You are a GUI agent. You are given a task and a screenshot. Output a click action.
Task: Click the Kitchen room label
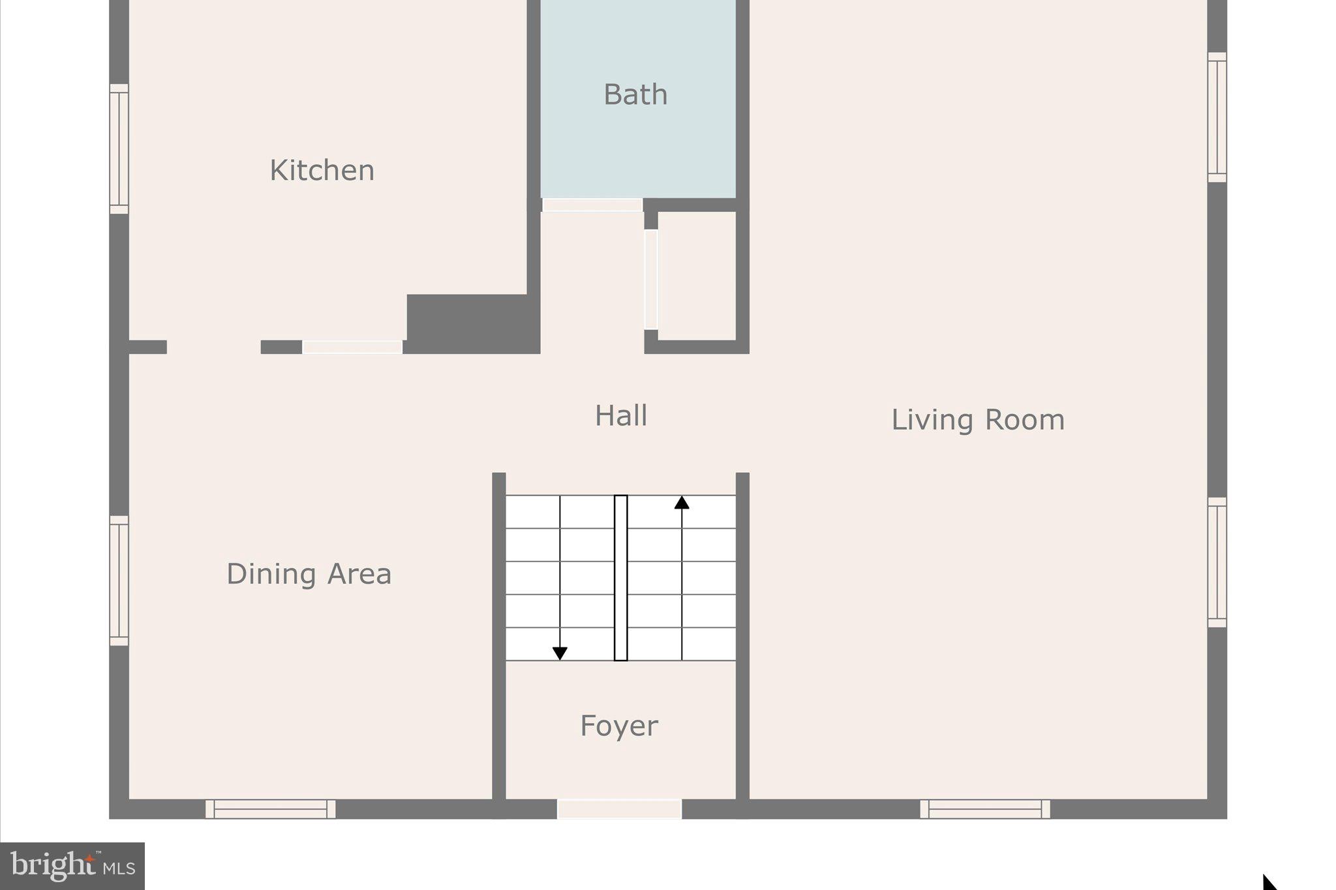point(322,171)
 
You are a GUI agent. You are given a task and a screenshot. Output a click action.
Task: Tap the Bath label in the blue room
point(635,95)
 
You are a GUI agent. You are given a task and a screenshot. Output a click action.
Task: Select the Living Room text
point(977,420)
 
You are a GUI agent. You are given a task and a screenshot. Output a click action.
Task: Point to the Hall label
point(621,416)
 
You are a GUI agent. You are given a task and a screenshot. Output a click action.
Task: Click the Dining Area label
point(309,574)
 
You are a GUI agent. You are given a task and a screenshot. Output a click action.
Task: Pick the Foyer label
point(619,726)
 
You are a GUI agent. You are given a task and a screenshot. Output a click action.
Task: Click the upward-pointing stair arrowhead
point(682,503)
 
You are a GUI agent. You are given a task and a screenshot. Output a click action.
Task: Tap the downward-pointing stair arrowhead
point(560,653)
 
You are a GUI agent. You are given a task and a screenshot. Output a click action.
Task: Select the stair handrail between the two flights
point(621,578)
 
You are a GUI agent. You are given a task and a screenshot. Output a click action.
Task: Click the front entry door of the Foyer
point(619,809)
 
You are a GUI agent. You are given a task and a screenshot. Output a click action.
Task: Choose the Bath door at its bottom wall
point(592,205)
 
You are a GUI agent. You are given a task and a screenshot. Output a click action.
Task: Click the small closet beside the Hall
point(697,276)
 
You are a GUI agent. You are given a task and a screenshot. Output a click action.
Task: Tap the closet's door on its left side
point(651,279)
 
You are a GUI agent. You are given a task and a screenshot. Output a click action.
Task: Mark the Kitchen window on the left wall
point(119,149)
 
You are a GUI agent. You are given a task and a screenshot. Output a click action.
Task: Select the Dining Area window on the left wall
point(119,580)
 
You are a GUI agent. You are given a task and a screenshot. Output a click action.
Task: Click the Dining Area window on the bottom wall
point(270,809)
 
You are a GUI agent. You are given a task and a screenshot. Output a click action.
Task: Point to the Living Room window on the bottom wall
point(985,809)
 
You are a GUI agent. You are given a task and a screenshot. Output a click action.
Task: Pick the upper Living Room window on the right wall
point(1217,117)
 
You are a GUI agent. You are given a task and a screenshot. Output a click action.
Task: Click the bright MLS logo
point(72,866)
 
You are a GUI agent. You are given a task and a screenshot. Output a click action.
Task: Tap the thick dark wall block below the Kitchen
point(472,323)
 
